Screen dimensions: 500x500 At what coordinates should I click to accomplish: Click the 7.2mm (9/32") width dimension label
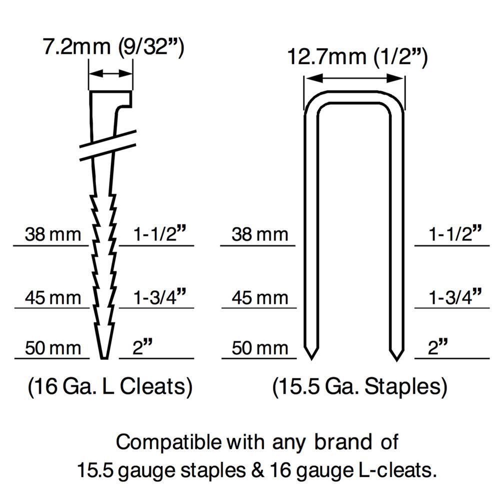pyautogui.click(x=113, y=47)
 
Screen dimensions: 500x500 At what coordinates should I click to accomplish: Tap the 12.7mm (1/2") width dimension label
pyautogui.click(x=357, y=57)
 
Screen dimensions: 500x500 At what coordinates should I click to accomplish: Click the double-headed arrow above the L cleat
pyautogui.click(x=110, y=73)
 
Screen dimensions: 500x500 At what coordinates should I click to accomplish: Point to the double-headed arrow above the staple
pyautogui.click(x=354, y=78)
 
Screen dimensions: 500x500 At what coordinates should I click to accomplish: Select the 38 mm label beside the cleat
pyautogui.click(x=53, y=234)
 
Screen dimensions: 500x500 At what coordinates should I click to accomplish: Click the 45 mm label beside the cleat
pyautogui.click(x=53, y=297)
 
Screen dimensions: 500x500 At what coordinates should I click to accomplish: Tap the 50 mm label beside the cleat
pyautogui.click(x=53, y=347)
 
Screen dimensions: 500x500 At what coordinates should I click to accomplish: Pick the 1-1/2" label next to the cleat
pyautogui.click(x=159, y=233)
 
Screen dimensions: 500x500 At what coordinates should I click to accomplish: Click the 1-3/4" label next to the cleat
pyautogui.click(x=159, y=296)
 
